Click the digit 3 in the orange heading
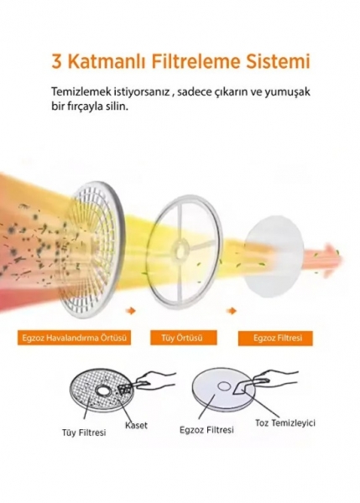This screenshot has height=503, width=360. (x=56, y=61)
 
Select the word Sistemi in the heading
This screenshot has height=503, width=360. (x=278, y=61)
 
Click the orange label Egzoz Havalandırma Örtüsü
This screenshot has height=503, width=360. (x=74, y=338)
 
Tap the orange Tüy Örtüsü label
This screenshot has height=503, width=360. (x=184, y=338)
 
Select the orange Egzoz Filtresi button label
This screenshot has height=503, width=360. (x=275, y=338)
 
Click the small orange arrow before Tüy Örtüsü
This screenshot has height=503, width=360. (x=131, y=310)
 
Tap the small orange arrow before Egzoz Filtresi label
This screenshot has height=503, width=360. (x=232, y=310)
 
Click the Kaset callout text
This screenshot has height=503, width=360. (x=136, y=425)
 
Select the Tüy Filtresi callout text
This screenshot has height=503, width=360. (x=84, y=433)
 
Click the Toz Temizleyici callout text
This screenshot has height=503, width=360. (x=285, y=423)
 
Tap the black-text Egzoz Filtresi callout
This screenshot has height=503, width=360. (x=206, y=430)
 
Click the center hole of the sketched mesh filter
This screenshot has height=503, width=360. (x=103, y=391)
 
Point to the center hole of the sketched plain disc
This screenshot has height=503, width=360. (x=224, y=386)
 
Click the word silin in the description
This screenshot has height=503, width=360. (x=117, y=106)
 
